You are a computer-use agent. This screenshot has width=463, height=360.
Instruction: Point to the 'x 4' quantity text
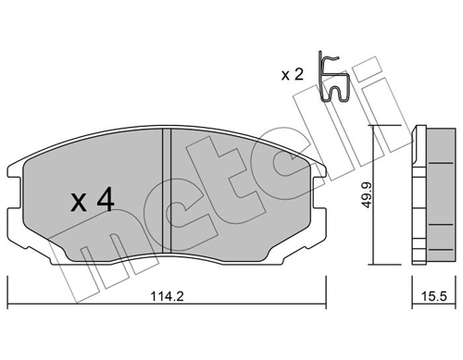[93, 200]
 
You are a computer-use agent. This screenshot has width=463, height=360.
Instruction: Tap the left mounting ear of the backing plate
[17, 176]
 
